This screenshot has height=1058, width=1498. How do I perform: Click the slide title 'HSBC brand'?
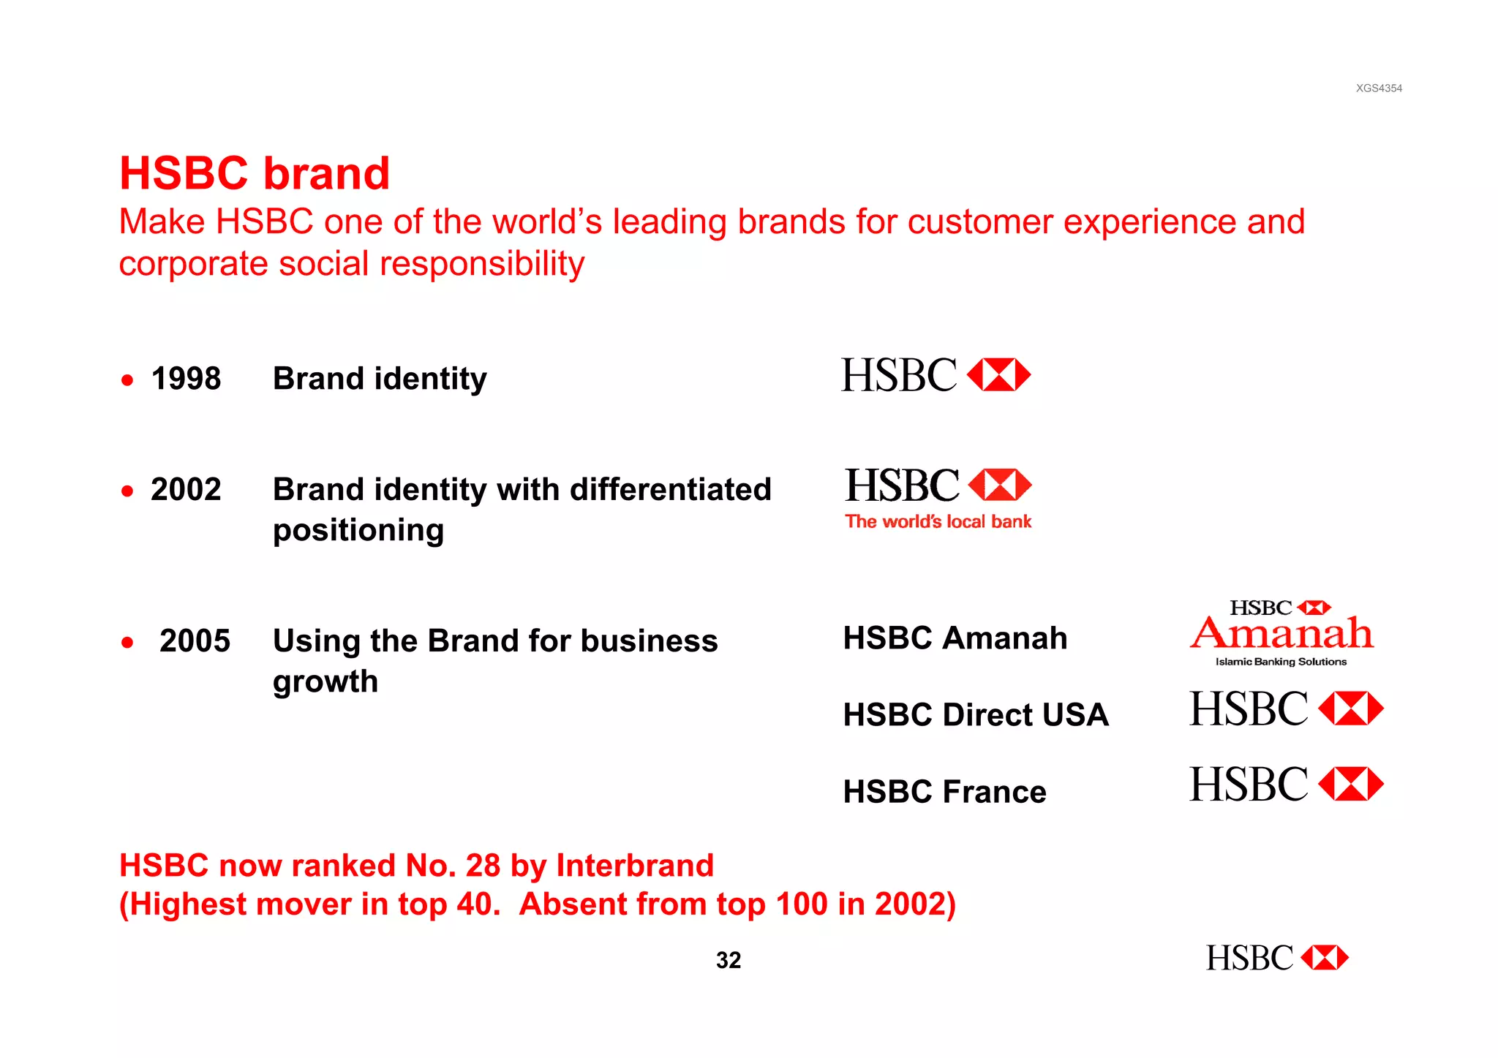(x=255, y=173)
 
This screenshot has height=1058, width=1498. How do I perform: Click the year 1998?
(x=186, y=379)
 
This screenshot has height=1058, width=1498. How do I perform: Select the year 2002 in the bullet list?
(x=186, y=489)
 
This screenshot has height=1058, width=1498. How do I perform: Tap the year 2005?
(x=195, y=641)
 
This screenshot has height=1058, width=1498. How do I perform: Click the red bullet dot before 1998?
(x=128, y=380)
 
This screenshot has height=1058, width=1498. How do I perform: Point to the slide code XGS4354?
(x=1379, y=88)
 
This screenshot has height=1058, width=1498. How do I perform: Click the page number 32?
(x=729, y=960)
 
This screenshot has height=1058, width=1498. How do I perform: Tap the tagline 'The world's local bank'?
(x=938, y=521)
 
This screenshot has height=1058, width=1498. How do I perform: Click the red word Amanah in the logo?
(x=1281, y=633)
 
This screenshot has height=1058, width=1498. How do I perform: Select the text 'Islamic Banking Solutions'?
(x=1281, y=662)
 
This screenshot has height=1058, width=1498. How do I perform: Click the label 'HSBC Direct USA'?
(x=976, y=714)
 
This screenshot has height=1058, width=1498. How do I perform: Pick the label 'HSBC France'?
(x=944, y=792)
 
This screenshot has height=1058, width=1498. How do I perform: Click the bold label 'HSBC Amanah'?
(x=955, y=638)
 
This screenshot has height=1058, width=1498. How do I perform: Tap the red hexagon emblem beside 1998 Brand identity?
(x=998, y=375)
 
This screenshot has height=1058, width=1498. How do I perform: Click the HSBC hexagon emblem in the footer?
(x=1325, y=958)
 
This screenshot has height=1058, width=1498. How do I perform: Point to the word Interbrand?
(x=635, y=866)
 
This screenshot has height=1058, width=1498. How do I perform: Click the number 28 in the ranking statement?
(x=483, y=866)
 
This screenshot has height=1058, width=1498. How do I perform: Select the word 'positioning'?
(x=358, y=530)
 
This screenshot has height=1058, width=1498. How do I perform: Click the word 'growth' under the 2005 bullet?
(x=325, y=681)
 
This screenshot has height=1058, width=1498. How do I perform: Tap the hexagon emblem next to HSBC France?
(x=1350, y=785)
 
